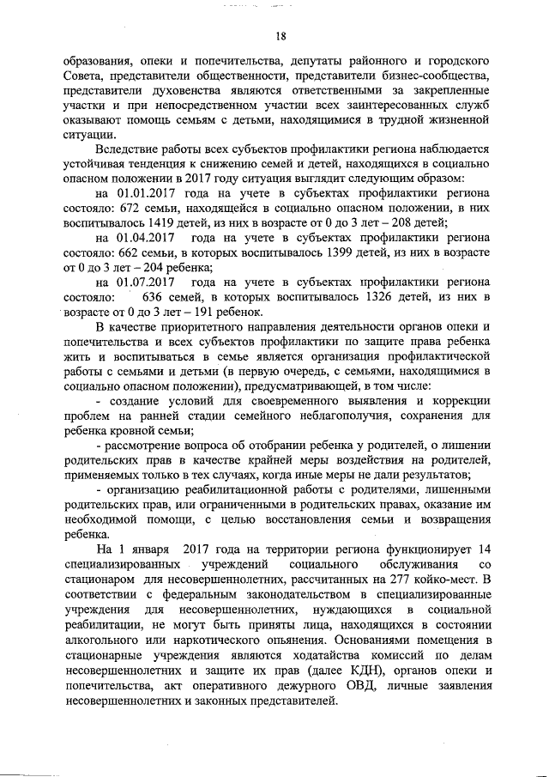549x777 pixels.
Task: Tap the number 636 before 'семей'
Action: (x=157, y=298)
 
